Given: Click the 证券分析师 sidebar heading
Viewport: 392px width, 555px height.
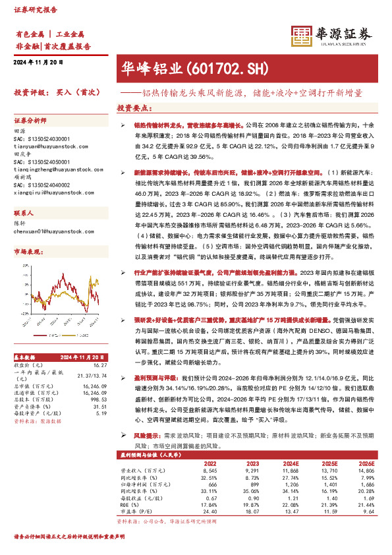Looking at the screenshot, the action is coord(31,121).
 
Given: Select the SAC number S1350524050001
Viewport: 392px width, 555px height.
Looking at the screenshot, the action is coord(42,161).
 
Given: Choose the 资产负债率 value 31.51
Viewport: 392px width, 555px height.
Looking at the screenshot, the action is coord(99,406).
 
